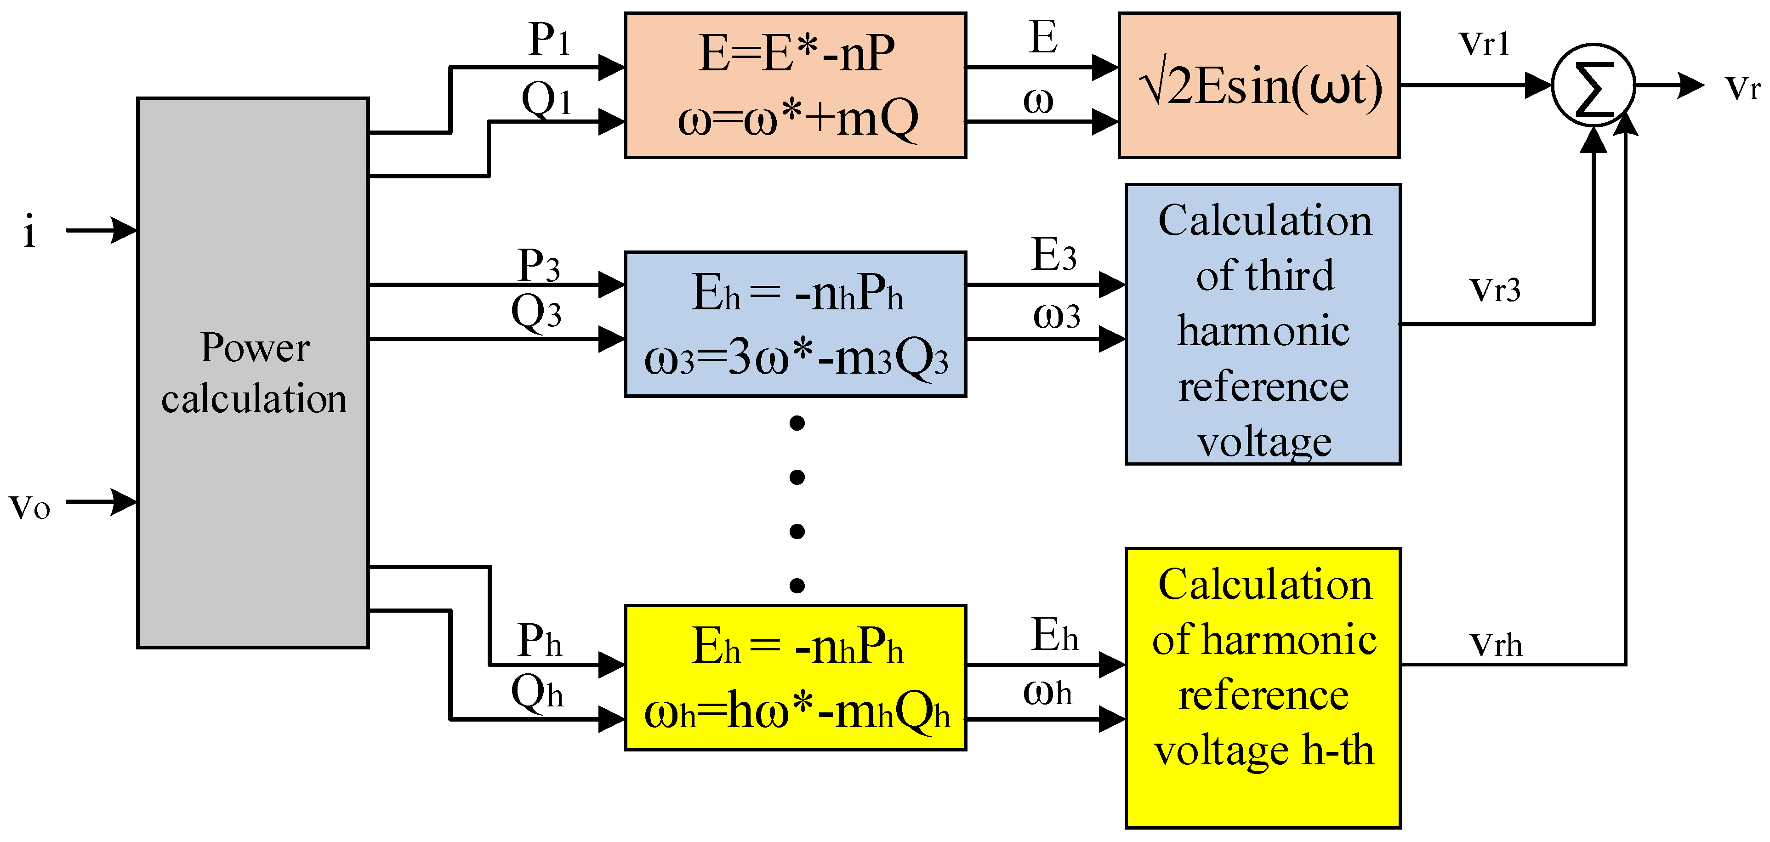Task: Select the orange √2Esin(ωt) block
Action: click(1259, 85)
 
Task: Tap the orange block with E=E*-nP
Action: click(795, 85)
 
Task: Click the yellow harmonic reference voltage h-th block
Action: click(1263, 688)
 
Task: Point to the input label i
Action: click(29, 232)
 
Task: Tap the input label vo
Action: click(29, 506)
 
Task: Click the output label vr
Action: click(1742, 88)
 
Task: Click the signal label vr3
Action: click(1495, 290)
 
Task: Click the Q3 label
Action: click(536, 312)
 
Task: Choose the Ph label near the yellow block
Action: click(539, 641)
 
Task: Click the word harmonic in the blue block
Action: click(1263, 330)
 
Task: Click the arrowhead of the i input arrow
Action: click(125, 230)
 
